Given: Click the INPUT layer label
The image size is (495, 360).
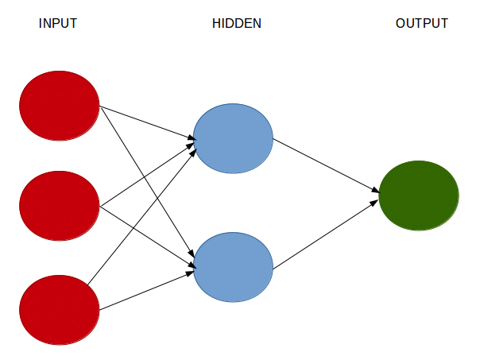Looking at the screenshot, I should (x=58, y=24).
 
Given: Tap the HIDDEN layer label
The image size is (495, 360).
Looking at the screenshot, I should (x=237, y=24).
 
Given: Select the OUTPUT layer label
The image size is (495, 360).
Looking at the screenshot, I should (x=421, y=24).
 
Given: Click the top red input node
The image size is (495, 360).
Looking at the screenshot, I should (x=59, y=106).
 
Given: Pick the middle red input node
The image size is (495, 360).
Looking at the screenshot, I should (x=59, y=207).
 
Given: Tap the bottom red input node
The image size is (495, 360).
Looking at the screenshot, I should (x=59, y=310).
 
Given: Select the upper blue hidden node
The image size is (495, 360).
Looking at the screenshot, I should (x=233, y=138).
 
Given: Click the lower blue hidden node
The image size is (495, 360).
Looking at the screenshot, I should (x=233, y=267).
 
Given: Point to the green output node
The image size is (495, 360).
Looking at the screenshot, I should (x=419, y=195).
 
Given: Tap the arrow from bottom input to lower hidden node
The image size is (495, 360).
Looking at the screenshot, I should (x=147, y=290).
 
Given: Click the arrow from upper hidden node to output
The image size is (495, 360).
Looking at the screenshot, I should (x=326, y=165).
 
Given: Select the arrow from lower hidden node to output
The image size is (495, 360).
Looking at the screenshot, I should (x=326, y=235).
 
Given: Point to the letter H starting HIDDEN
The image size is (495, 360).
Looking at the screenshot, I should (x=216, y=24).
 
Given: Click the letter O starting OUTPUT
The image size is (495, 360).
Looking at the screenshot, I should (x=400, y=24).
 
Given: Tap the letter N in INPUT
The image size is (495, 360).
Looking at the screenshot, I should (x=46, y=24).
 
